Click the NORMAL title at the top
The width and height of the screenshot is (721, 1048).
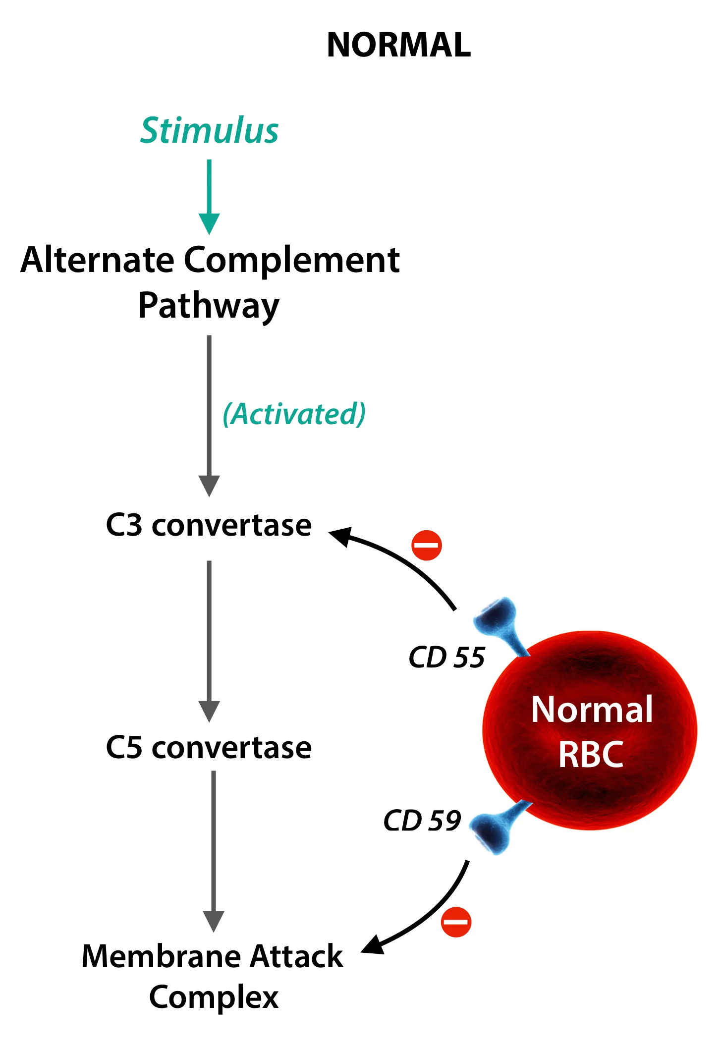pos(398,45)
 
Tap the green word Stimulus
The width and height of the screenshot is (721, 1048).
pos(210,131)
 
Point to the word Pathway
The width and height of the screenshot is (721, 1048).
pos(209,306)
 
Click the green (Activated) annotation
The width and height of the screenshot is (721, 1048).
pos(294,414)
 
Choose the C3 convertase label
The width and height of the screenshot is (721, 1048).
pos(209,525)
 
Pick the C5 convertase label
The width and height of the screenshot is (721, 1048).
pos(209,747)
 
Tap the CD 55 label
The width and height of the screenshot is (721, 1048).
pos(446,657)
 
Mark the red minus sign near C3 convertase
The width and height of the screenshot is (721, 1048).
pos(427,545)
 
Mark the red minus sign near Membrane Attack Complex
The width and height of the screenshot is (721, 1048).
pos(456,922)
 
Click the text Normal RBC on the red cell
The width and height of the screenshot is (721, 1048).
pos(591,731)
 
